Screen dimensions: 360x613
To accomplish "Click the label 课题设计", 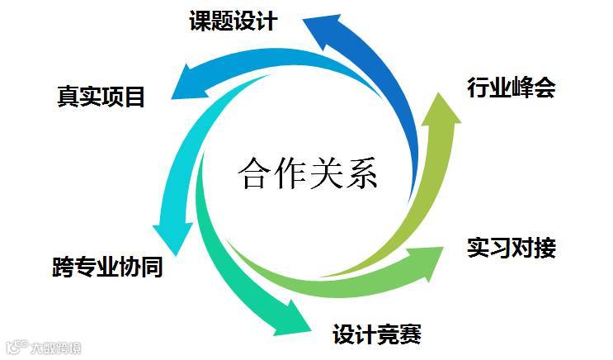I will [233, 20].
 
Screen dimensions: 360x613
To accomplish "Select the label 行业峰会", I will [511, 87].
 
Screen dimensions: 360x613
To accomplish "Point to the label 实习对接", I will [511, 246].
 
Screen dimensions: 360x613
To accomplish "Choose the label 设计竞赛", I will [377, 334].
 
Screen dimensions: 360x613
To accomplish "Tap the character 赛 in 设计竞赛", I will [410, 334].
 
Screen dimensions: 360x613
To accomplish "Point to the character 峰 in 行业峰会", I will [521, 87].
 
